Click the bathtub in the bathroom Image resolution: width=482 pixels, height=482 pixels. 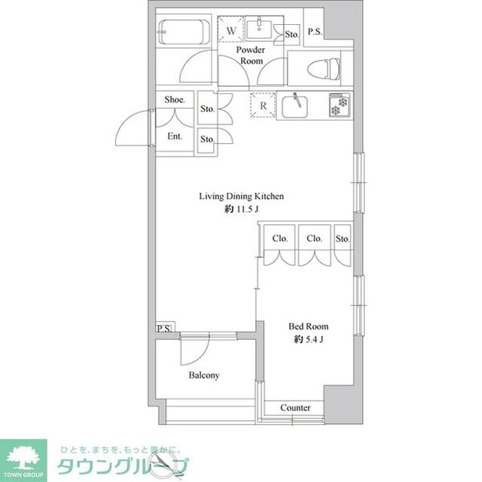coord(184,31)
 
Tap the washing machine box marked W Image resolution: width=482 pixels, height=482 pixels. coord(231,28)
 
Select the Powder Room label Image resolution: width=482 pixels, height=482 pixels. coord(251,55)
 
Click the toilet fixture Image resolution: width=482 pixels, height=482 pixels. coord(324,69)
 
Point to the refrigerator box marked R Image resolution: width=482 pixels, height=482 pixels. coord(263,105)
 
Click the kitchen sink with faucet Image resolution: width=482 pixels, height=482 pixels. coord(295,106)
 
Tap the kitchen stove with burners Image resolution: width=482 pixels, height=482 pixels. coord(340,105)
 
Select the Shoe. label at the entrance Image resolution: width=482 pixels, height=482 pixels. coord(174,100)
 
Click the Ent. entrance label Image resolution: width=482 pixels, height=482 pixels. coord(175,137)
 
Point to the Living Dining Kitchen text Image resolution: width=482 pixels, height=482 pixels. coord(241,196)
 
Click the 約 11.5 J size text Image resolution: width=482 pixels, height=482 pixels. coord(241,210)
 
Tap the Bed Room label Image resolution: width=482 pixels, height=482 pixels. coord(308,326)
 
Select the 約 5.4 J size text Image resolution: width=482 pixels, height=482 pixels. coord(308,339)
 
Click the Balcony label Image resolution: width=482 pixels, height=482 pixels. coord(204,375)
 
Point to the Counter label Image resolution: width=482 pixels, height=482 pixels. coord(295,407)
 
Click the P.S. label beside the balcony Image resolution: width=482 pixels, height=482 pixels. coord(164,329)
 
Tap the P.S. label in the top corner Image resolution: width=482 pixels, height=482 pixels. coord(315,31)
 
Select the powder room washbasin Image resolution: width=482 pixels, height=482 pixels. coord(259,29)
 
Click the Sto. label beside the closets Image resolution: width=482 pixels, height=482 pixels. coord(342,239)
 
